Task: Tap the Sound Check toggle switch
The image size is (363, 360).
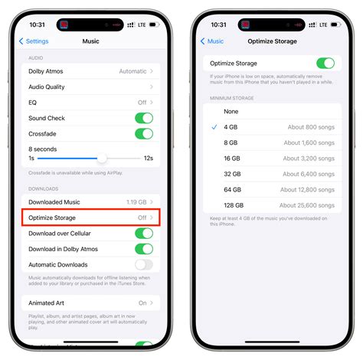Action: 143,118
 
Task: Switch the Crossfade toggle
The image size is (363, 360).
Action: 143,133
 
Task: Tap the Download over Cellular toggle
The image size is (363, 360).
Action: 143,234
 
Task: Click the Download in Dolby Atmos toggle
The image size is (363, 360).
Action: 143,249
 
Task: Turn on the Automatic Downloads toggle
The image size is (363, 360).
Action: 143,265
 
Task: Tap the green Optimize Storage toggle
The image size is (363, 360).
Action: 325,64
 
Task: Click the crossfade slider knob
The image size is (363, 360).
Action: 102,158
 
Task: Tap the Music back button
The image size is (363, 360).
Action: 212,41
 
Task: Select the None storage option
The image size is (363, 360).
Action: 231,111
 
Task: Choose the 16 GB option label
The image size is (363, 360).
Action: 232,158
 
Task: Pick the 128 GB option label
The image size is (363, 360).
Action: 234,205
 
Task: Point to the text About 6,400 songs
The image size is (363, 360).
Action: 309,174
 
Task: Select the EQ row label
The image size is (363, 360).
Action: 34,102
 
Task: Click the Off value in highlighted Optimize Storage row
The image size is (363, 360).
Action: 142,218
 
